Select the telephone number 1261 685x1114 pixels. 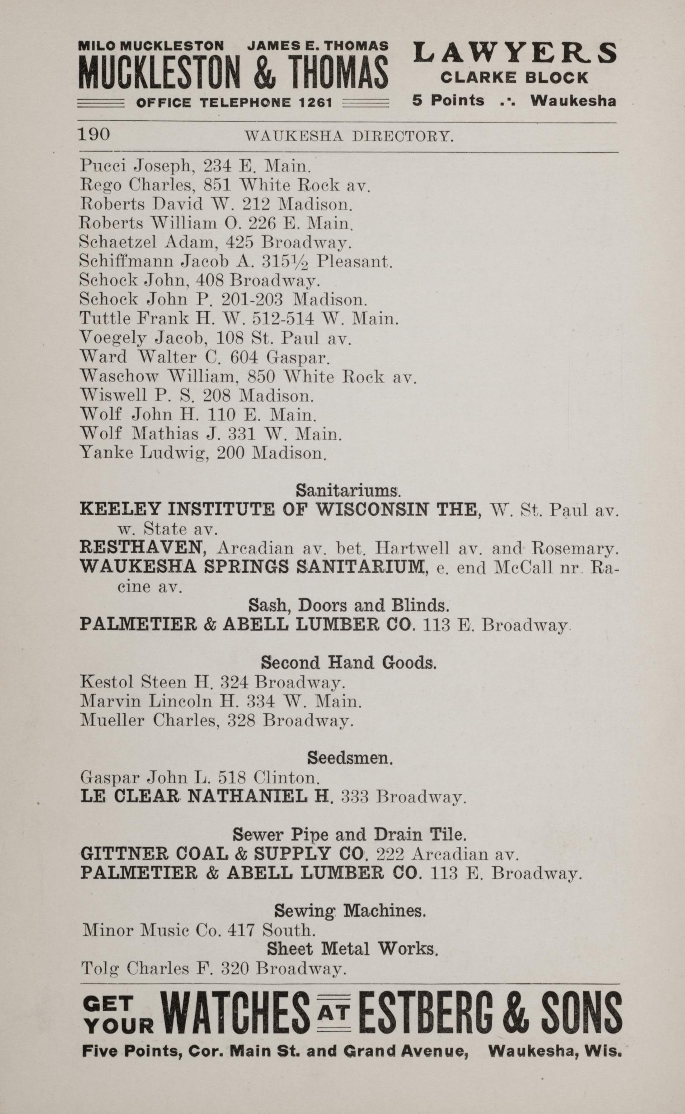click(315, 103)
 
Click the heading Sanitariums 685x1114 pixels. click(348, 490)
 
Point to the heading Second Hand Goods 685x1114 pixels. click(348, 663)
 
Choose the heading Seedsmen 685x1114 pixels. click(350, 758)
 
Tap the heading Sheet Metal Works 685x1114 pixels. click(352, 948)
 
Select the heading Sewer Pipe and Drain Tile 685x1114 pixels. click(349, 834)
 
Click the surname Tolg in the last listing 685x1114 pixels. click(100, 969)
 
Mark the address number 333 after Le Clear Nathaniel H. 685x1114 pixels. click(354, 796)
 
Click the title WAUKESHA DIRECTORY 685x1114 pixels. click(349, 136)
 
